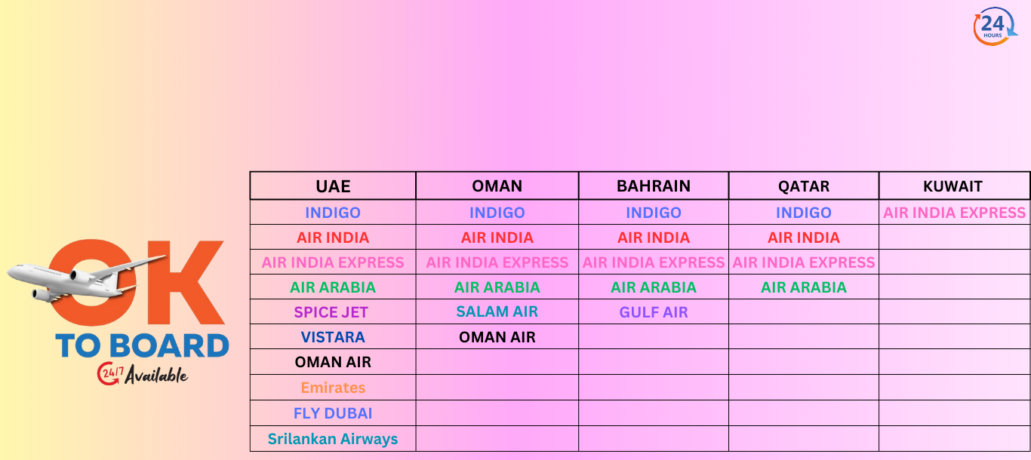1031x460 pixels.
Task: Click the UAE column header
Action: (333, 186)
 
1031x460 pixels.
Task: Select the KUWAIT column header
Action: (953, 186)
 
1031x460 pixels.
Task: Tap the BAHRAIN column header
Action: (654, 186)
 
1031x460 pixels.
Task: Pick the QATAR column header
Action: (804, 186)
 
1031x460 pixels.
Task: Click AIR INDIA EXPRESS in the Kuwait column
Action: (954, 213)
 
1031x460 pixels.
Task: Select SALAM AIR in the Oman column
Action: (497, 311)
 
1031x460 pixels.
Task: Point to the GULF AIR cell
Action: (654, 312)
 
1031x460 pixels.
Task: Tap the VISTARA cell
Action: (333, 337)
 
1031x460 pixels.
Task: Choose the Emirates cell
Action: (333, 388)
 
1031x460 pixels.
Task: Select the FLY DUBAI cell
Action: (333, 413)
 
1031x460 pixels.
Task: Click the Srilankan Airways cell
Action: (333, 439)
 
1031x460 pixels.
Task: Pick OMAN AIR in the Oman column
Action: (497, 337)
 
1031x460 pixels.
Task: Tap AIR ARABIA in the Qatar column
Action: (804, 287)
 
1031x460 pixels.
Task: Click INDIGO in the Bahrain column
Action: (654, 213)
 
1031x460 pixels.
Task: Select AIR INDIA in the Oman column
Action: (497, 238)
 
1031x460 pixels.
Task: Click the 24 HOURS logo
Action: (994, 26)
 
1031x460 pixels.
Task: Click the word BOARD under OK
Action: (169, 346)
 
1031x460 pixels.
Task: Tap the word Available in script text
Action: (156, 375)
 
